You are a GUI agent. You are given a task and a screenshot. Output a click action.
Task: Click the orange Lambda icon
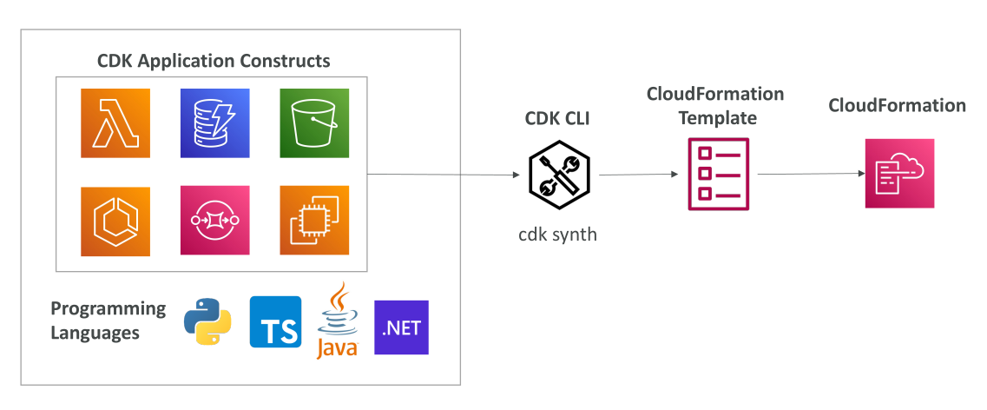pyautogui.click(x=115, y=122)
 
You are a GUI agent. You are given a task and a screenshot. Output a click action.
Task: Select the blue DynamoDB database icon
pyautogui.click(x=214, y=122)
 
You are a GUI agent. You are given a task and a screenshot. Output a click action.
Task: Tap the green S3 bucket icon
pyautogui.click(x=314, y=122)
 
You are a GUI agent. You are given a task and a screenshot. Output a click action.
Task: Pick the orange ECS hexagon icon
pyautogui.click(x=115, y=221)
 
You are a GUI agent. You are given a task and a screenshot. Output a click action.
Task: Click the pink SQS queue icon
pyautogui.click(x=214, y=221)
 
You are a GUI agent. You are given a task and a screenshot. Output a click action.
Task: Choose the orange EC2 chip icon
pyautogui.click(x=314, y=221)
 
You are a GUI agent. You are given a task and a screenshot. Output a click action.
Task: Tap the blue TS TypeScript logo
pyautogui.click(x=275, y=321)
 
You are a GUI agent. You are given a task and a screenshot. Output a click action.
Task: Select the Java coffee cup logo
pyautogui.click(x=338, y=321)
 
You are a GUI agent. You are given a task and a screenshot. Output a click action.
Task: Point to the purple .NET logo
pyautogui.click(x=402, y=327)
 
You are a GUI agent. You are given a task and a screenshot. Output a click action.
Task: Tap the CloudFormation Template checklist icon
pyautogui.click(x=718, y=173)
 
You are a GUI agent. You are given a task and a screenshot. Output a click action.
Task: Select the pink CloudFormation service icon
pyautogui.click(x=899, y=173)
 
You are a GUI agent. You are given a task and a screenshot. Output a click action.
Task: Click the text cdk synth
pyautogui.click(x=557, y=235)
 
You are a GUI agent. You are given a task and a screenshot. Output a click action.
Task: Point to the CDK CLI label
pyautogui.click(x=557, y=118)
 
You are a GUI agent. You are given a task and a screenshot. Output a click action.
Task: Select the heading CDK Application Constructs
pyautogui.click(x=214, y=61)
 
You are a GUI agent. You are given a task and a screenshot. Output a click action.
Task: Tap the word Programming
pyautogui.click(x=109, y=309)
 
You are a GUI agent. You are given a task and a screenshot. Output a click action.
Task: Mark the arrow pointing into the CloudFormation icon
pyautogui.click(x=811, y=174)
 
